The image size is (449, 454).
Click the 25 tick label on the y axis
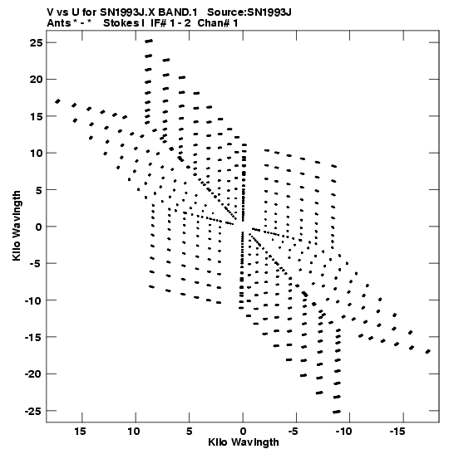tap(37, 43)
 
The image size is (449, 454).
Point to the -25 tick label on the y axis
tap(33, 411)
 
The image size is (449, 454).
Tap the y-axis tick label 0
tap(39, 227)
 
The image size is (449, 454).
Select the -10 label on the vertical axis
tap(33, 300)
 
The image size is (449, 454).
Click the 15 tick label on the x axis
tap(80, 432)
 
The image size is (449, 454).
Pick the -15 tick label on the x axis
tap(397, 432)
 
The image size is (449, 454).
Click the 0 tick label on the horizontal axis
tap(243, 432)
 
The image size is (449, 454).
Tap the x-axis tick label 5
tap(190, 432)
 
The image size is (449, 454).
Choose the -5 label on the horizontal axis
tap(293, 432)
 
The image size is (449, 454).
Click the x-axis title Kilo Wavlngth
tap(244, 442)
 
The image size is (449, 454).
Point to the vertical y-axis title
tap(17, 226)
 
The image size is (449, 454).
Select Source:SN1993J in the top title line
tap(249, 12)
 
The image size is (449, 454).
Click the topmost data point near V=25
tap(149, 41)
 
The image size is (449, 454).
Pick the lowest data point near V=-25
tap(337, 412)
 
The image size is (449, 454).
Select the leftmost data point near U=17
tap(57, 101)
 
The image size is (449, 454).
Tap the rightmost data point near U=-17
tap(428, 352)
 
